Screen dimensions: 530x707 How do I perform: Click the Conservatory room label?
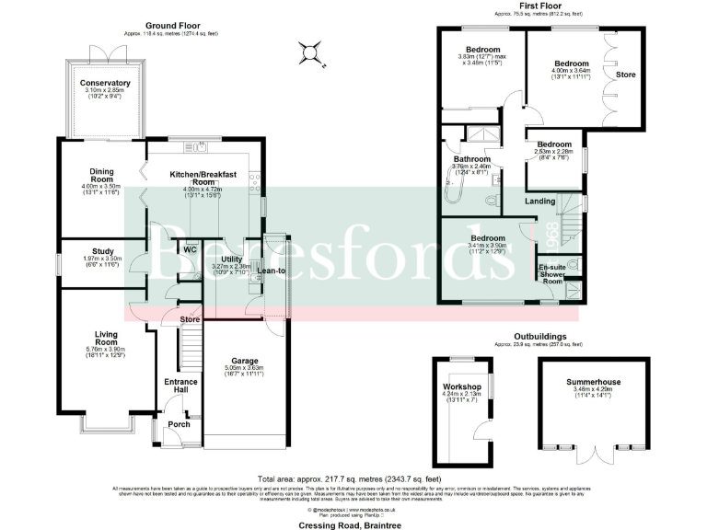click(106, 83)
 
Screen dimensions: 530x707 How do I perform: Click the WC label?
click(190, 249)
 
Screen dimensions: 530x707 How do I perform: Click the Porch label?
click(179, 425)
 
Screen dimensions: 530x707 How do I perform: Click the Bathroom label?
click(470, 159)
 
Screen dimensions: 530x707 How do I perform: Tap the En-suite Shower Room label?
click(553, 272)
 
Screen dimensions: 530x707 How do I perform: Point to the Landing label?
click(539, 200)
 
